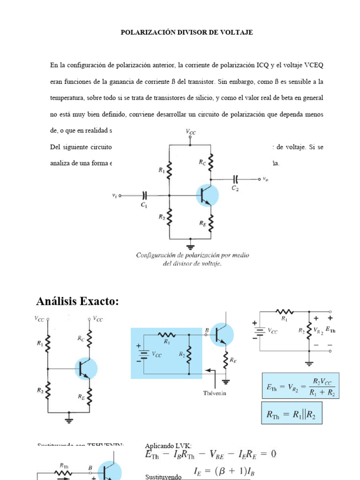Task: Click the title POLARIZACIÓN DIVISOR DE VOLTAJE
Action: coord(187,32)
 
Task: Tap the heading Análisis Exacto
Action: coord(78,301)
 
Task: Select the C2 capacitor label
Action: coord(235,187)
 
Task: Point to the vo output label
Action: coord(266,179)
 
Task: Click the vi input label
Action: coord(114,195)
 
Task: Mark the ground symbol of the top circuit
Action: coord(191,245)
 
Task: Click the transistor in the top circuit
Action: coord(207,195)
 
